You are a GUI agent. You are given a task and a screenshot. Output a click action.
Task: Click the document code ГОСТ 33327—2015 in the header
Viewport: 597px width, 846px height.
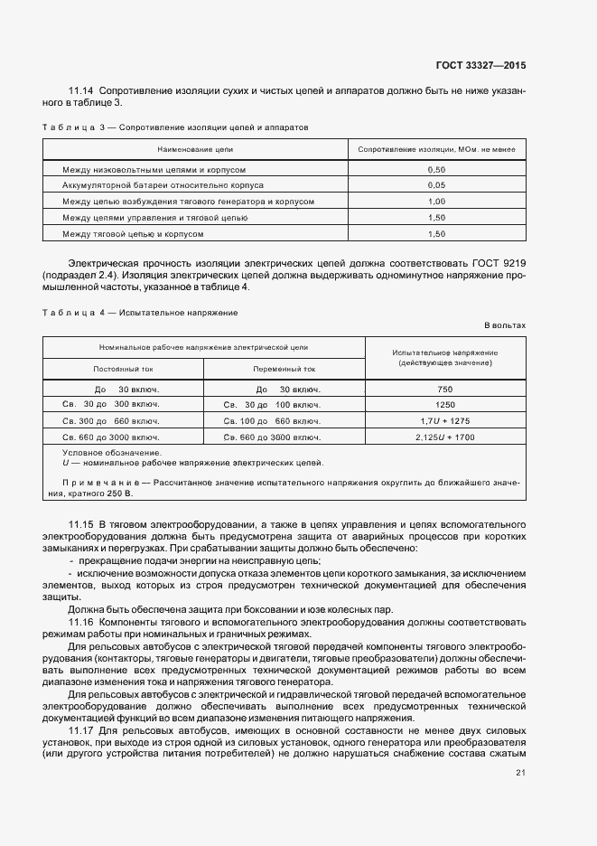(x=481, y=65)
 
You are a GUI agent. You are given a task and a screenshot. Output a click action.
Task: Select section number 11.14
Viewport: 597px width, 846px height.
(x=81, y=91)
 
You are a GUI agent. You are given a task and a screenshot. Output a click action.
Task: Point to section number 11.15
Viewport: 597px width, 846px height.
(x=81, y=524)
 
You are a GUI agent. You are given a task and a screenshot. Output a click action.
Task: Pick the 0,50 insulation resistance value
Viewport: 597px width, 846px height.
(x=437, y=169)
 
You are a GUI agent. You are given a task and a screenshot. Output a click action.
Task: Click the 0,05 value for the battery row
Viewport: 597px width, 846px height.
(x=437, y=185)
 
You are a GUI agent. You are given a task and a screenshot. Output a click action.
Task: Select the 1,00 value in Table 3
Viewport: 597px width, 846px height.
(x=437, y=202)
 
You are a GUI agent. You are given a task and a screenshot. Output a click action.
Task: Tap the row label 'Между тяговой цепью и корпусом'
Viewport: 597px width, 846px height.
(x=133, y=234)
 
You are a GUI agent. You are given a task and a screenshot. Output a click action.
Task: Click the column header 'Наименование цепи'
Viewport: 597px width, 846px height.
(x=195, y=148)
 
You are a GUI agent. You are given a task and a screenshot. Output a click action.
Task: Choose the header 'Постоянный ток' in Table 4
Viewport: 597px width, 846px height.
(x=124, y=369)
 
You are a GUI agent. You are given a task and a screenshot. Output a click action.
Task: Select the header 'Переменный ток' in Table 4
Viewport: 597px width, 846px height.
(x=285, y=369)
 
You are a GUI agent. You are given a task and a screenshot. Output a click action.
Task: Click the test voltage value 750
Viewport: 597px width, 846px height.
(x=444, y=389)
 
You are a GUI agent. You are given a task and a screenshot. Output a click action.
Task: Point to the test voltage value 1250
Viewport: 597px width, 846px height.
(x=444, y=405)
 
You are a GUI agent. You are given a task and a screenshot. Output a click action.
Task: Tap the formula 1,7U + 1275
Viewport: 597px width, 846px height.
(x=444, y=421)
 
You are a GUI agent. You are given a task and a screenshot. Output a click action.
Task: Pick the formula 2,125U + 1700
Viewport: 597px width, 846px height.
(x=444, y=437)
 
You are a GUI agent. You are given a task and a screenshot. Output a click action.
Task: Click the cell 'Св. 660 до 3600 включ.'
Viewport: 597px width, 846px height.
(x=273, y=437)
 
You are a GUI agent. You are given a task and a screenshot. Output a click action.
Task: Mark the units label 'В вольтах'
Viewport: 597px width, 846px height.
(x=504, y=324)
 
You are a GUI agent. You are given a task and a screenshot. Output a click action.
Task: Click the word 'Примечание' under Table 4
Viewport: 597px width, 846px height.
(x=100, y=483)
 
